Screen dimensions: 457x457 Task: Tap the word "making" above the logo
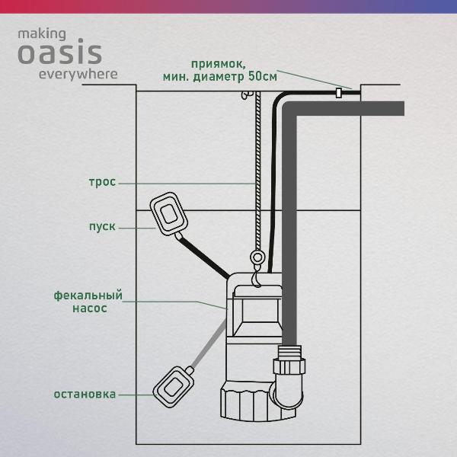point(42,34)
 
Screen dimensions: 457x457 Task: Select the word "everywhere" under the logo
point(78,75)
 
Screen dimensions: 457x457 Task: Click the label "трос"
point(102,182)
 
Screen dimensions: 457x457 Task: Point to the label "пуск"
point(102,226)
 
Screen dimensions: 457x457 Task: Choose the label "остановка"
point(85,395)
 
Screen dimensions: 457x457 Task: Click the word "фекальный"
point(88,296)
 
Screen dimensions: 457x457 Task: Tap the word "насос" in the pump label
point(90,308)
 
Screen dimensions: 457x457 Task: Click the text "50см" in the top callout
point(263,77)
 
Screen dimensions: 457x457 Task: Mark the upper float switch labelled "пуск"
point(169,213)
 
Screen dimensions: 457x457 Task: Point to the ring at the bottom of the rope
point(257,257)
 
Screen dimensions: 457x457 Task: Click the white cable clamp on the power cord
point(338,93)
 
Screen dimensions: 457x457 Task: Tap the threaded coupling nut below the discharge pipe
point(289,366)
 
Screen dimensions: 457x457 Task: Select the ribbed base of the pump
point(258,401)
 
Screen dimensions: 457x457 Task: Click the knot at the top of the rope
point(247,95)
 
